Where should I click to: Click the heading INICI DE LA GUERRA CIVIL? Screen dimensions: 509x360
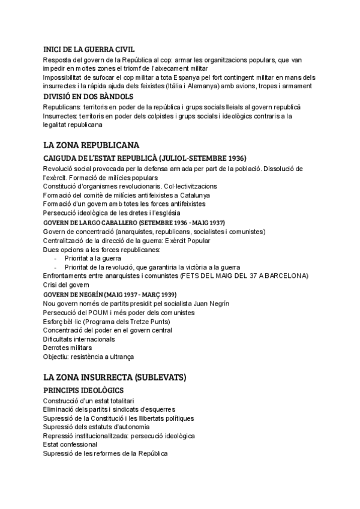[89, 49]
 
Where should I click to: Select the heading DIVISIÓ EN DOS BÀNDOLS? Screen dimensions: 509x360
[88, 96]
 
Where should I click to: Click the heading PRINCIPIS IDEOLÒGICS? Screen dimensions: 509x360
[84, 391]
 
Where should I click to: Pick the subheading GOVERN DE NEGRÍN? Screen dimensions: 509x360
[109, 295]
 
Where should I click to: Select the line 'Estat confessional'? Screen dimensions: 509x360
[70, 444]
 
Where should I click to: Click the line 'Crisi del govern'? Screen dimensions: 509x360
[67, 285]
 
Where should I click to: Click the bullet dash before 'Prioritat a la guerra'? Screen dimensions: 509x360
[56, 258]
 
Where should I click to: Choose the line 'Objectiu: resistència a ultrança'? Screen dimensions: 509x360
[88, 357]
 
